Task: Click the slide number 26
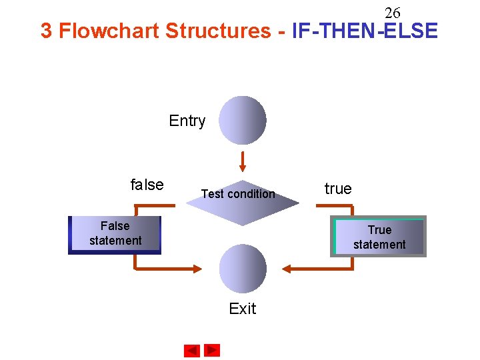click(392, 13)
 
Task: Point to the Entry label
click(187, 121)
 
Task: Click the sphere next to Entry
click(243, 120)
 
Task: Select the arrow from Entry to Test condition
click(243, 161)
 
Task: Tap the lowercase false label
click(147, 185)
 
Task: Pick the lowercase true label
click(338, 189)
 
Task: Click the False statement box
click(115, 234)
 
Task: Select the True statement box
click(379, 237)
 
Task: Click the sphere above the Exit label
click(243, 269)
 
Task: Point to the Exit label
click(243, 308)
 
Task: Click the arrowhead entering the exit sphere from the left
click(197, 269)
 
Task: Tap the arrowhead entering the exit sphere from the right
click(287, 269)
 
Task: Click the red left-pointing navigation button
click(192, 351)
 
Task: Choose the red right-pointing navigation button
click(212, 350)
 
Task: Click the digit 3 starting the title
click(46, 31)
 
